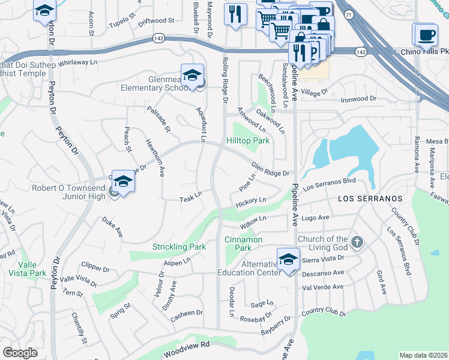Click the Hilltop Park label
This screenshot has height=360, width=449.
click(248, 140)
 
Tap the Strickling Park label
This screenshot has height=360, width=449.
click(179, 247)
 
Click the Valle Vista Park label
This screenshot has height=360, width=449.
click(32, 268)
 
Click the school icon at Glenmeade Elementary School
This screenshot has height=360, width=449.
click(191, 75)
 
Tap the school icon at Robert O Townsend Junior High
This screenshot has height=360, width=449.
click(123, 181)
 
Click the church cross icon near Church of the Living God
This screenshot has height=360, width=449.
click(357, 242)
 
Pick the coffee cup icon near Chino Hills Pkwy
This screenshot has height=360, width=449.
click(426, 34)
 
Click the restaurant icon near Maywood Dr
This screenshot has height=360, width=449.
click(235, 13)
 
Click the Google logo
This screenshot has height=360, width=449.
click(20, 353)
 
